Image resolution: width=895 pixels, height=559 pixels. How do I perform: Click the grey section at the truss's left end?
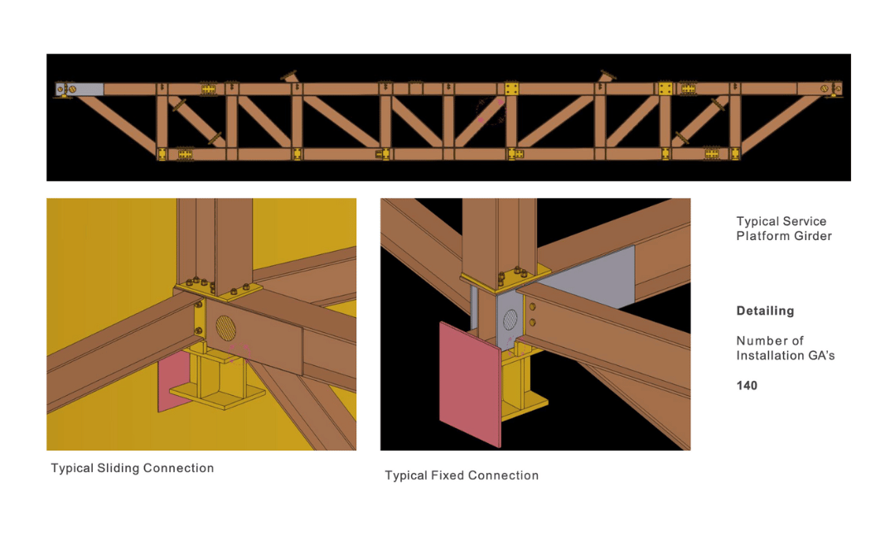pos(88,89)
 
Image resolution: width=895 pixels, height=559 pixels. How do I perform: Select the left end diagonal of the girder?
pos(116,123)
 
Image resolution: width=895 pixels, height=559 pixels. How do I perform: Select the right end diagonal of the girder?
pos(781,123)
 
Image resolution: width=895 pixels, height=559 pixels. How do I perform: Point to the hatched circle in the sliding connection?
pos(226,329)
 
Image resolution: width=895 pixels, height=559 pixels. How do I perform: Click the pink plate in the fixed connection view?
pos(470,384)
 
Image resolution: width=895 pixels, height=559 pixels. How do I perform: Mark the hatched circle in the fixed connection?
pos(510,320)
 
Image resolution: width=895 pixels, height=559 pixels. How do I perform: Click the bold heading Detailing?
pos(765,311)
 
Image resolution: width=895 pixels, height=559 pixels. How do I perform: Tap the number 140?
pos(747,386)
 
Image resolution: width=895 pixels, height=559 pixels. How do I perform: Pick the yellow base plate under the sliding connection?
pos(217,395)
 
